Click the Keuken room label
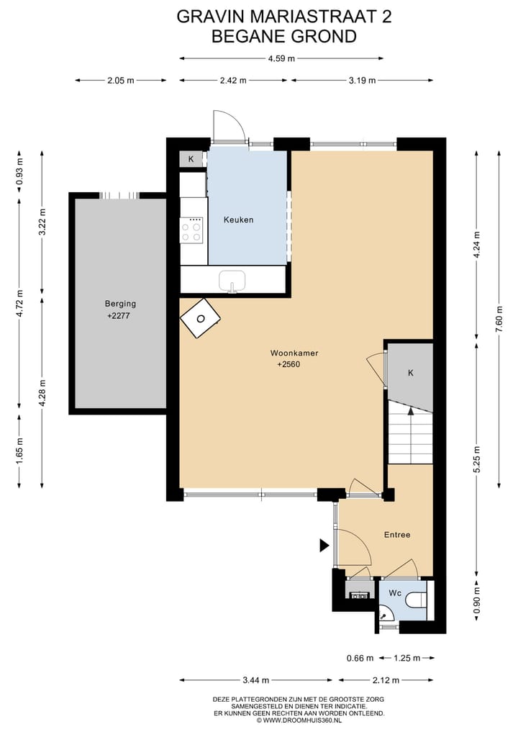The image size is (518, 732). click(x=238, y=220)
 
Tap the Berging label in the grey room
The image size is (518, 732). click(x=120, y=304)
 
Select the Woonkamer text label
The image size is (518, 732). click(x=294, y=353)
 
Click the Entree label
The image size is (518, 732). click(x=396, y=535)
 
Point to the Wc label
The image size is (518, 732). click(x=395, y=593)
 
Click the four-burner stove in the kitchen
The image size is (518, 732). click(x=191, y=230)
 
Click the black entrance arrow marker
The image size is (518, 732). click(x=324, y=546)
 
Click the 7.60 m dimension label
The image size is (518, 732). click(x=498, y=316)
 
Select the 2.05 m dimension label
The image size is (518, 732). click(x=120, y=81)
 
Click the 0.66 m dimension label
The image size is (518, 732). click(x=360, y=658)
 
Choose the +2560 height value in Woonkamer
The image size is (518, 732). click(x=288, y=364)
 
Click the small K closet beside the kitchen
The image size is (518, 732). click(x=191, y=159)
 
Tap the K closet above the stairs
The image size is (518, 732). click(x=411, y=373)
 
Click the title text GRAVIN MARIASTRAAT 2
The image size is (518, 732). click(x=284, y=17)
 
